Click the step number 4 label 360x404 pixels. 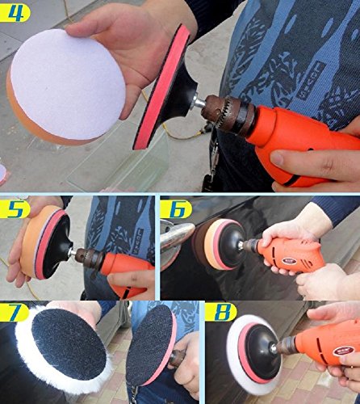coord(14,12)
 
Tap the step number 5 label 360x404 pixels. coord(15,208)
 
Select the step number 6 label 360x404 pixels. coord(176,208)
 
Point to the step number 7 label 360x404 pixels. coord(14,312)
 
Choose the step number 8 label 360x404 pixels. coord(221,312)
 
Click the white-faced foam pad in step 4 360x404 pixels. coord(67,86)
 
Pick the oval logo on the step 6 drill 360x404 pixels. coord(289,261)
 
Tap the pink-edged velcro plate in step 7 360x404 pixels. coord(151,350)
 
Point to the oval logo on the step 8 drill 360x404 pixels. coord(343,351)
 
